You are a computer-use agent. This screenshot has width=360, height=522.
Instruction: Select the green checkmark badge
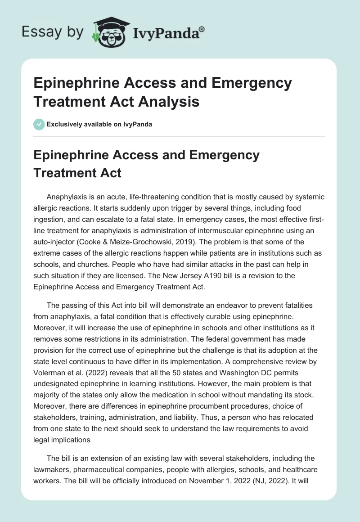coord(39,124)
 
